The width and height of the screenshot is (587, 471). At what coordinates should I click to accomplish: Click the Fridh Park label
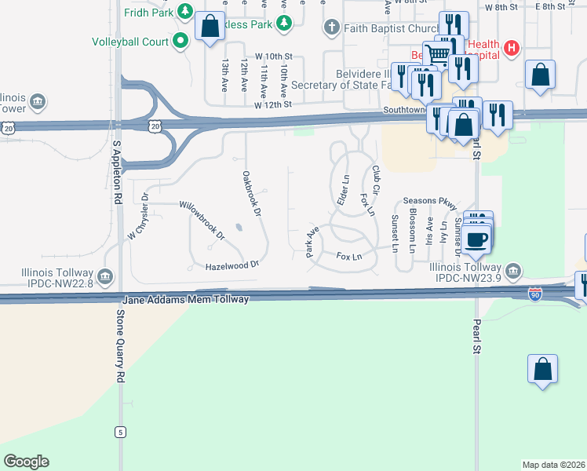coord(148,12)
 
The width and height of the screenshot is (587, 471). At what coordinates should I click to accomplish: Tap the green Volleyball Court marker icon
coord(180,42)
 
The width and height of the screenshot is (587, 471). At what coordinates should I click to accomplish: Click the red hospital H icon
coord(512,49)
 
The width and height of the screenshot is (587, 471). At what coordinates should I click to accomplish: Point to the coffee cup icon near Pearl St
coord(477,239)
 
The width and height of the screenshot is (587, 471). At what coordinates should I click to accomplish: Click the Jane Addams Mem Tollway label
coord(186,299)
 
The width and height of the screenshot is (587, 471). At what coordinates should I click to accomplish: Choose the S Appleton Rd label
coord(117,173)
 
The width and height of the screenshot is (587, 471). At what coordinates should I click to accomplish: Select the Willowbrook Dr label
coord(202,220)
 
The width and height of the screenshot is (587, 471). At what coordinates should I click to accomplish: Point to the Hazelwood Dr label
coord(232,266)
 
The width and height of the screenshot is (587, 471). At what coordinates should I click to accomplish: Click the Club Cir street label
coord(376,180)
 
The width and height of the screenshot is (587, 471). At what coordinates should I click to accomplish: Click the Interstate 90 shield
coord(534,294)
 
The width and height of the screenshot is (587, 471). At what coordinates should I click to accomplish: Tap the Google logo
coord(26,462)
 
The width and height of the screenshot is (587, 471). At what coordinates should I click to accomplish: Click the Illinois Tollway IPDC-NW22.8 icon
coord(106,276)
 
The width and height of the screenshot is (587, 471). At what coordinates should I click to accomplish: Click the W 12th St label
coord(272,104)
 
